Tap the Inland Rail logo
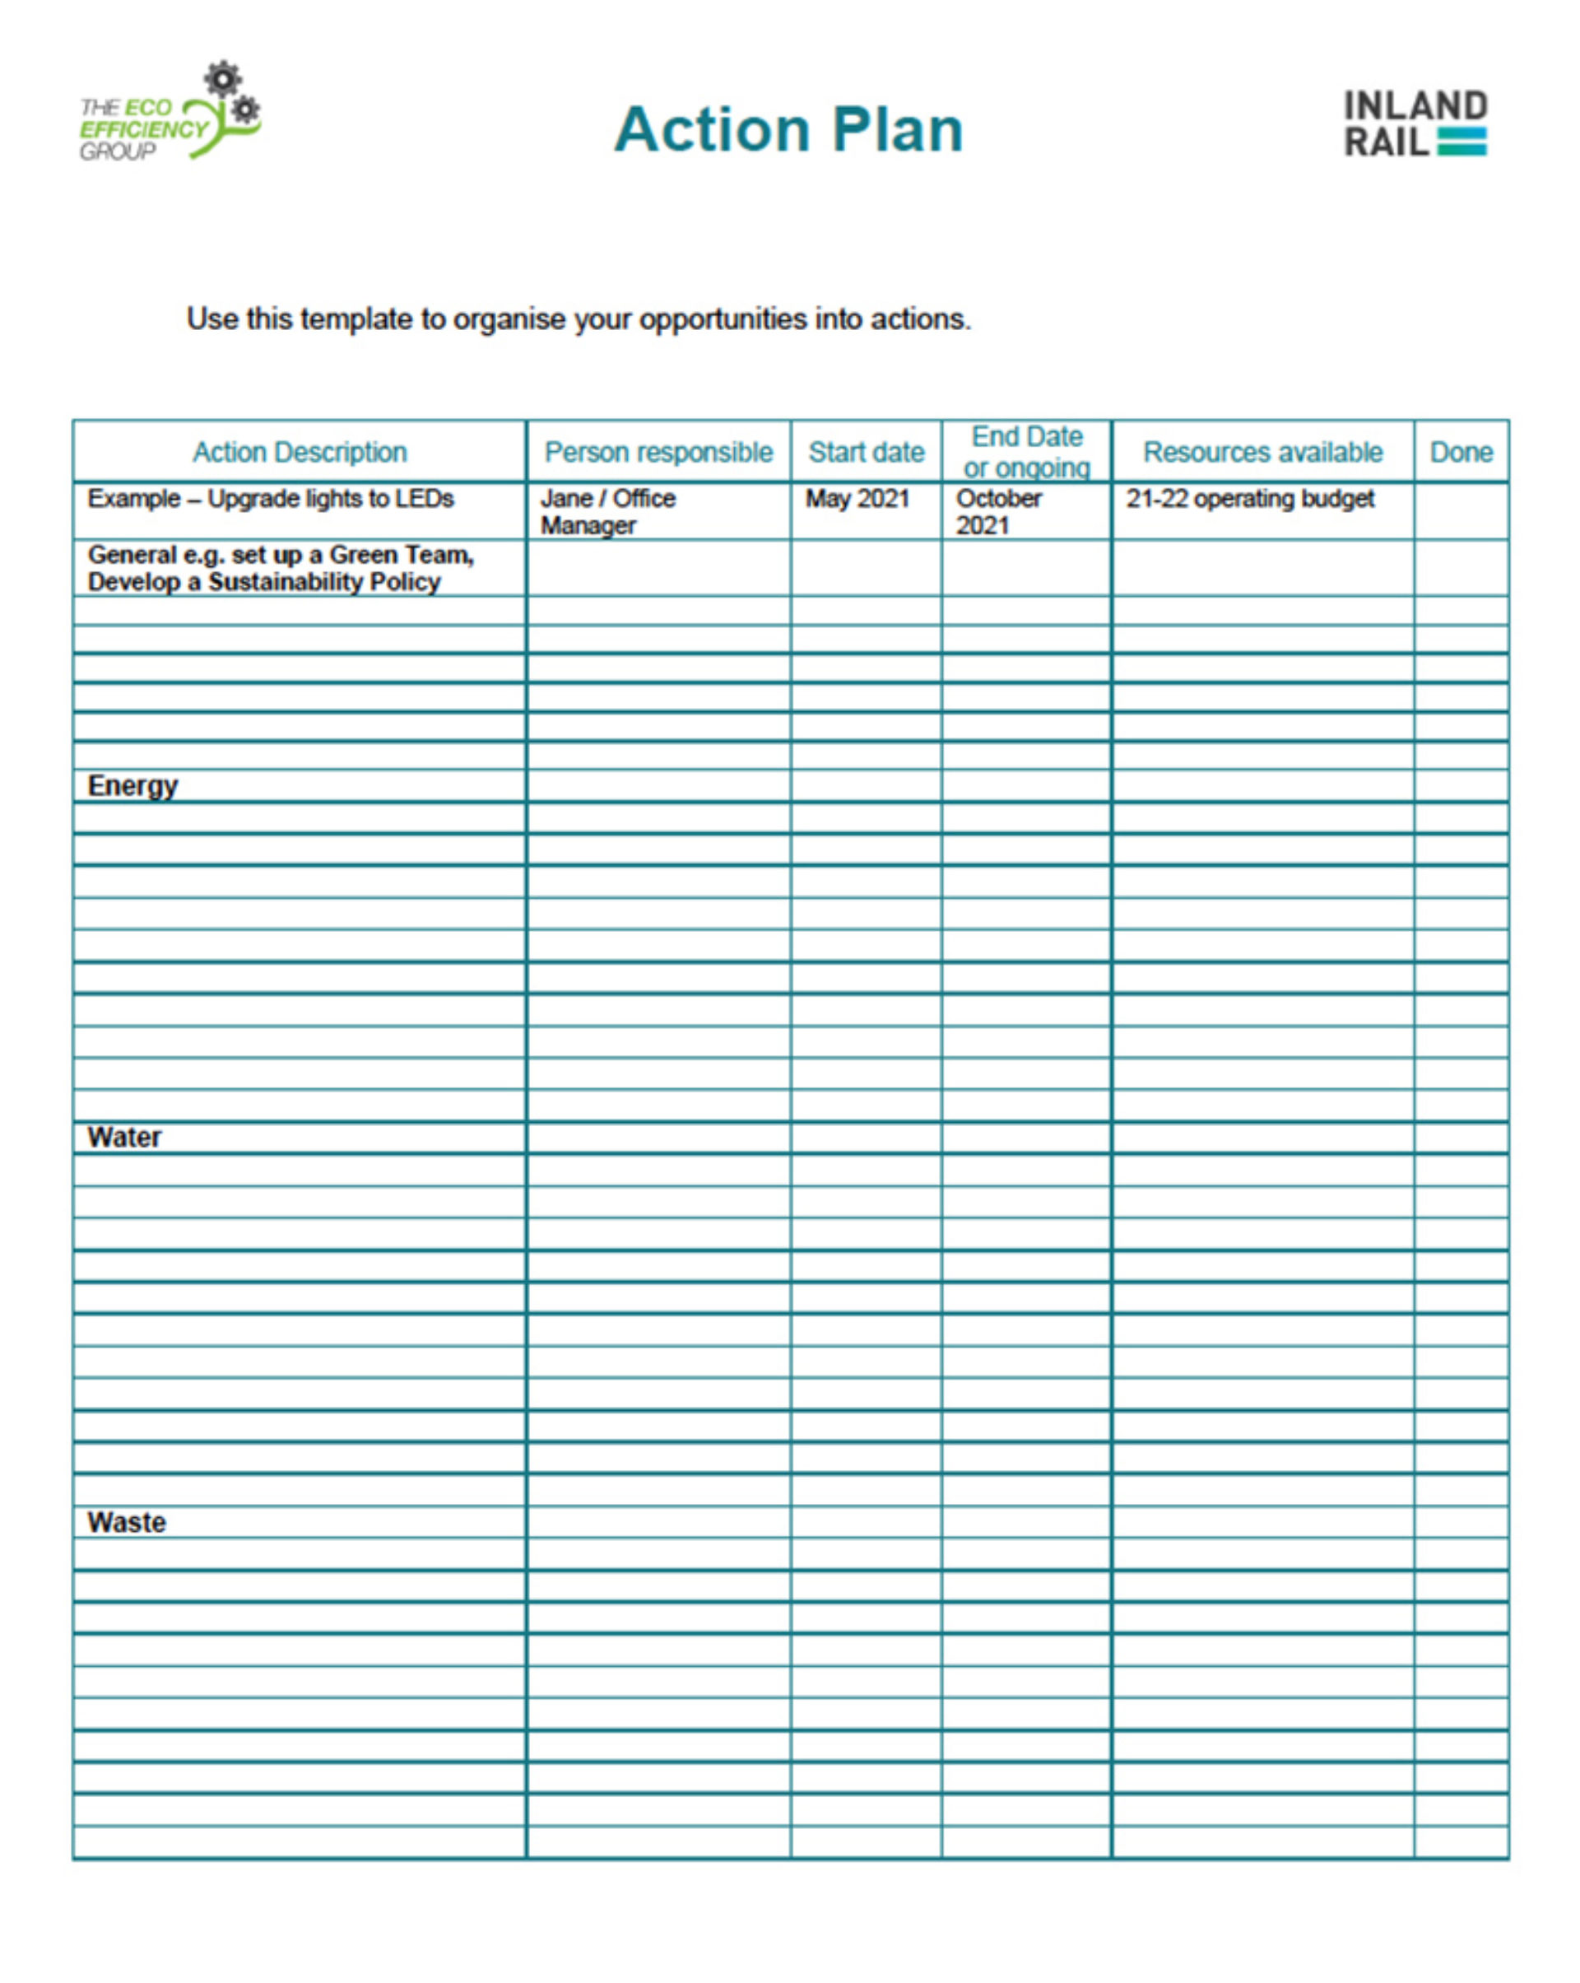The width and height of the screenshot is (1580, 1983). click(1415, 124)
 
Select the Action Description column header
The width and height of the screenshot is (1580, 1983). click(299, 452)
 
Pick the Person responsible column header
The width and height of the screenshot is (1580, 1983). click(658, 452)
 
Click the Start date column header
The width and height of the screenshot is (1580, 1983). click(866, 452)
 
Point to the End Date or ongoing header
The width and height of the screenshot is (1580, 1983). click(1026, 452)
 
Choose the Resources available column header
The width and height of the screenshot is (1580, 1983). click(1262, 452)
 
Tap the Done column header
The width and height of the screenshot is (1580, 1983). click(1461, 452)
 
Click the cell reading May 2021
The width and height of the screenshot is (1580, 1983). click(857, 499)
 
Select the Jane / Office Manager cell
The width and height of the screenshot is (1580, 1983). click(607, 511)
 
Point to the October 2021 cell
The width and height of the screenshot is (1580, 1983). click(998, 511)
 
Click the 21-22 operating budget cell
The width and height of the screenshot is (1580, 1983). click(1250, 499)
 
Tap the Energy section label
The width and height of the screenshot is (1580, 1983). click(132, 785)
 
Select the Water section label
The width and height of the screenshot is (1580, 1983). click(124, 1137)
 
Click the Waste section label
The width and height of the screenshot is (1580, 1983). click(126, 1522)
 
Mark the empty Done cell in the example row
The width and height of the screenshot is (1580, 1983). click(1461, 510)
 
